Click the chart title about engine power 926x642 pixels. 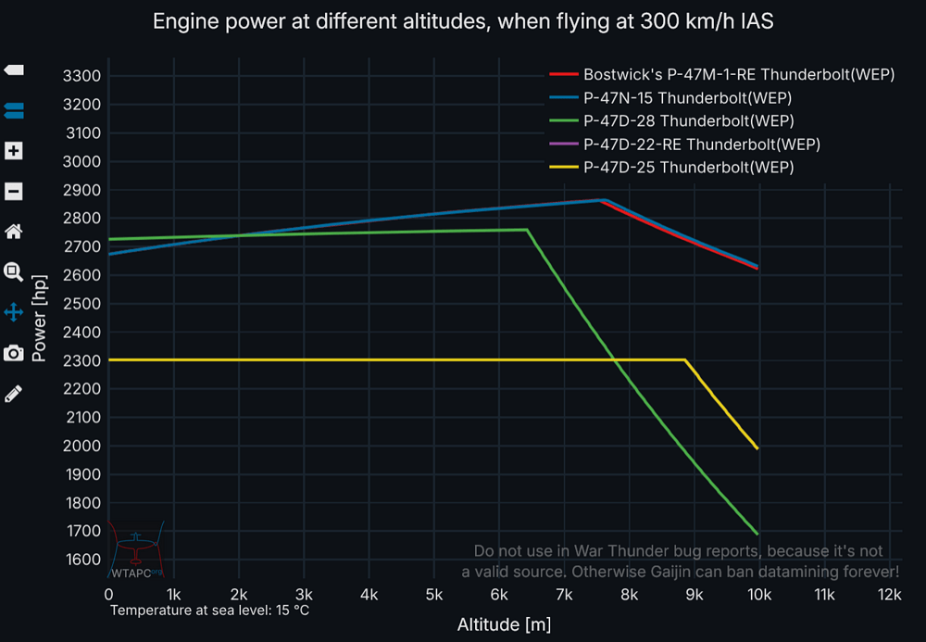pos(463,21)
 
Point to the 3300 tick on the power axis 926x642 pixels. pos(81,76)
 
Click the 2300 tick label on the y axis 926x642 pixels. pos(81,360)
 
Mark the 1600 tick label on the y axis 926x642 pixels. pos(81,560)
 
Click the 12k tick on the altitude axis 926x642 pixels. pos(890,595)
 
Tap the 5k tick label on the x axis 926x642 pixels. pos(433,595)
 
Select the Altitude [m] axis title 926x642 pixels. pos(504,624)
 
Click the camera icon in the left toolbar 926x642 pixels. pos(14,353)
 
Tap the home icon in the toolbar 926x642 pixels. pos(14,232)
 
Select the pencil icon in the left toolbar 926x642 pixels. pos(14,394)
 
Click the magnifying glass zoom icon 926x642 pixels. pos(14,272)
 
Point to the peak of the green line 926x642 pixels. pos(527,229)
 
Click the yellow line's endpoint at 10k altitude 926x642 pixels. pos(758,449)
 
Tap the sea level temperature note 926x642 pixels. pos(209,611)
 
